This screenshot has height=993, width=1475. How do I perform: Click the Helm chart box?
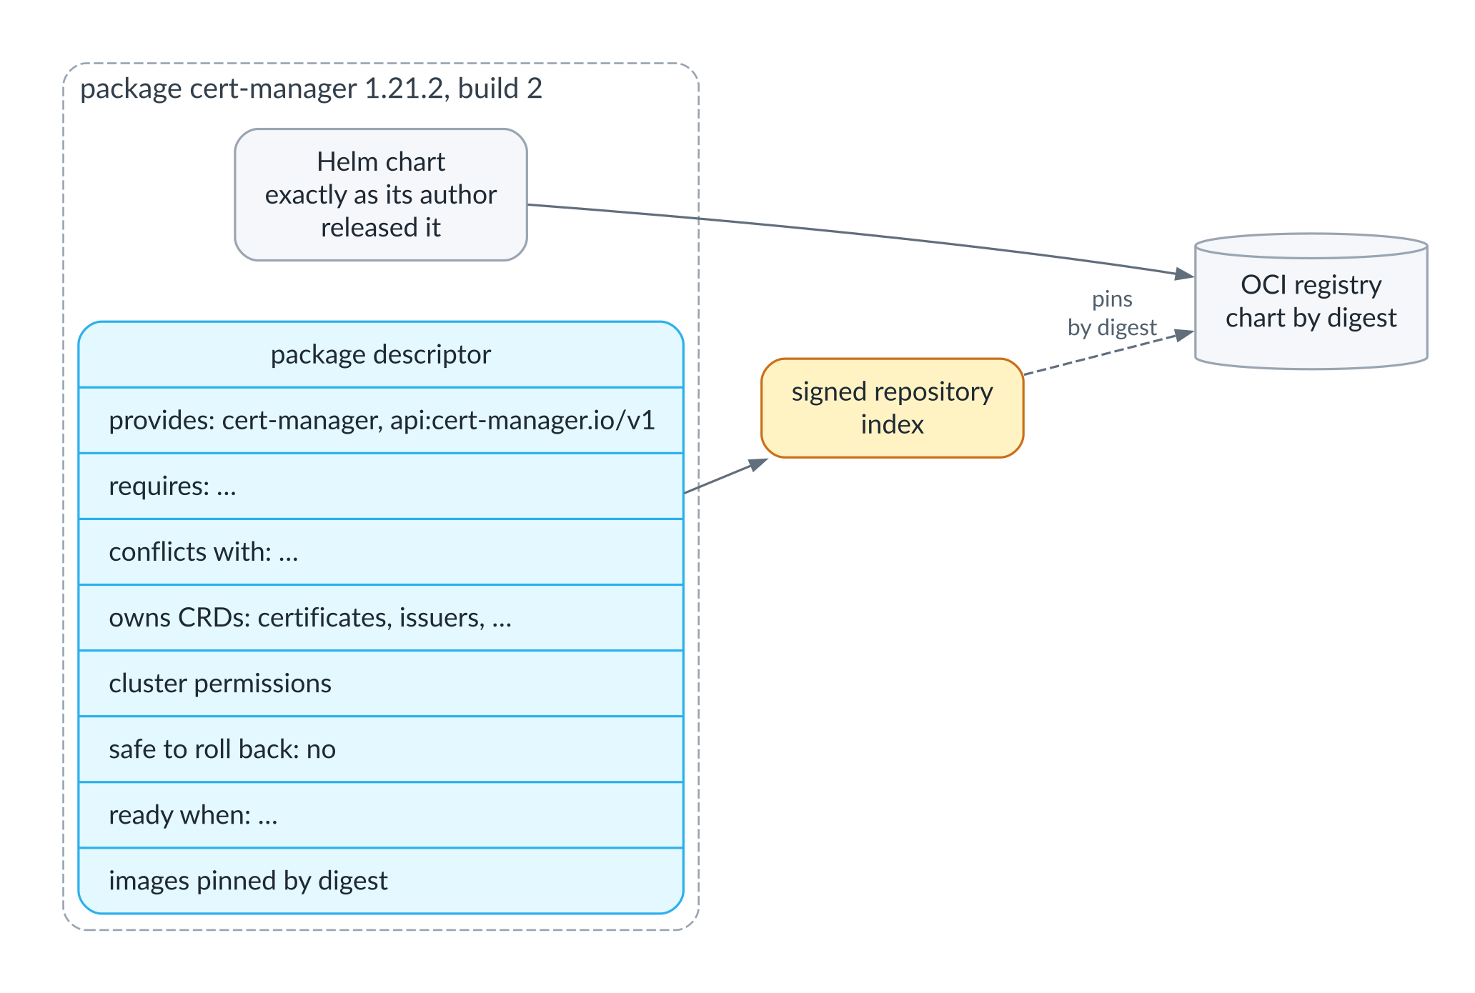tap(381, 194)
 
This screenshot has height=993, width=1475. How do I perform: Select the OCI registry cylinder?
tap(1311, 301)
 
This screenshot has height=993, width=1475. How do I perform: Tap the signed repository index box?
tap(892, 408)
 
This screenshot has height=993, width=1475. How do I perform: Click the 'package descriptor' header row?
tap(381, 354)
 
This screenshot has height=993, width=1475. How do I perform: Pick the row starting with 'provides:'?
tap(381, 420)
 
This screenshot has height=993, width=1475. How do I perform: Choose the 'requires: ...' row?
tap(381, 486)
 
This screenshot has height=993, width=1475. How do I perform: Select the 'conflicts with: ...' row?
tap(381, 552)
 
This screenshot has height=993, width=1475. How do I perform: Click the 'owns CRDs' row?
tap(381, 617)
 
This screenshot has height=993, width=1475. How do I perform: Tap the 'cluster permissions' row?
tap(381, 683)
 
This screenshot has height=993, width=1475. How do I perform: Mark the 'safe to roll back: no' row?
tap(381, 749)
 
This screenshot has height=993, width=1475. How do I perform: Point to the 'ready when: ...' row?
tap(381, 814)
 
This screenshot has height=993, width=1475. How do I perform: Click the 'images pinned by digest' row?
tap(381, 880)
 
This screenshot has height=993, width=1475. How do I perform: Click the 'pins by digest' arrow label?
tap(1112, 313)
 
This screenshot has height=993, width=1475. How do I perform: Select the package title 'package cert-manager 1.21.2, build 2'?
tap(311, 89)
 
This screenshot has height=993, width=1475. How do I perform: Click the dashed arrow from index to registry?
tap(1109, 353)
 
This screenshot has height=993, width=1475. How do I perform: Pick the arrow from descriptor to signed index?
tap(725, 476)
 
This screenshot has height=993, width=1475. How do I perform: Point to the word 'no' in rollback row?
tap(321, 749)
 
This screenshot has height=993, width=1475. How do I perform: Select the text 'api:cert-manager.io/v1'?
tap(522, 420)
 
